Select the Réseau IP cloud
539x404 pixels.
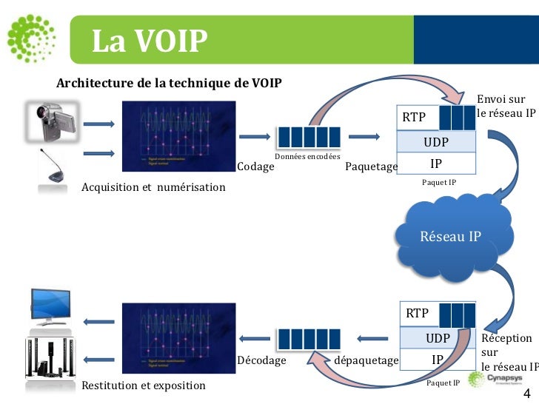click(x=450, y=237)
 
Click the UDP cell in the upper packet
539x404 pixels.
click(x=436, y=141)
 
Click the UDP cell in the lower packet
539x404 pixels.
click(x=438, y=338)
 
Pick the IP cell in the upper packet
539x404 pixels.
click(x=436, y=163)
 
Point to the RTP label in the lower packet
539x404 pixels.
click(x=417, y=314)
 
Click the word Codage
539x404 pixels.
click(x=255, y=167)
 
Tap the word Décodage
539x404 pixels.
click(x=261, y=360)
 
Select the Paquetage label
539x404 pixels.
click(x=371, y=167)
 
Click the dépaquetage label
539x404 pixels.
click(x=366, y=360)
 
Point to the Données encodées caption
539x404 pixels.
click(x=307, y=156)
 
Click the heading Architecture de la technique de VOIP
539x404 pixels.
click(x=169, y=82)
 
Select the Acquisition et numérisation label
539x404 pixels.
click(x=153, y=187)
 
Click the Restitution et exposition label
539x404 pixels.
click(x=144, y=386)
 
